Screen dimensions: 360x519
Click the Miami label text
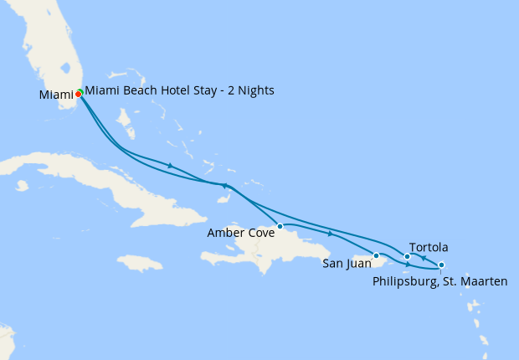click(x=55, y=95)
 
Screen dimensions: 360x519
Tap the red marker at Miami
click(x=78, y=94)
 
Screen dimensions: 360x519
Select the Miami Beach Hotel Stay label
click(x=179, y=90)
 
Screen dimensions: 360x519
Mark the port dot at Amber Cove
click(x=280, y=226)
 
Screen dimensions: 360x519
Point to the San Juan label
click(x=346, y=263)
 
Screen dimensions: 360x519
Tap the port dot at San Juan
click(x=376, y=255)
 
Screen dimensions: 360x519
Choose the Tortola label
click(x=431, y=247)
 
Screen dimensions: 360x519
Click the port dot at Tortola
click(x=407, y=256)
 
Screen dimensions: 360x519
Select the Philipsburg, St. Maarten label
click(x=439, y=281)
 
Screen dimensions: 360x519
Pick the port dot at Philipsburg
click(x=441, y=265)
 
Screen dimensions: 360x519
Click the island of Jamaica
click(x=139, y=265)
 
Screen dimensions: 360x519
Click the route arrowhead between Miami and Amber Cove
click(x=171, y=166)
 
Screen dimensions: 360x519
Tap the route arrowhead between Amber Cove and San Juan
click(x=331, y=234)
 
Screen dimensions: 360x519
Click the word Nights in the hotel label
click(x=255, y=90)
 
